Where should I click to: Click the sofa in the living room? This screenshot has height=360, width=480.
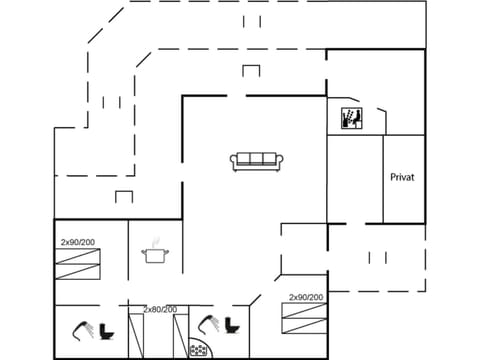point(255,160)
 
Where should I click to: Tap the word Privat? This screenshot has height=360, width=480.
point(402,177)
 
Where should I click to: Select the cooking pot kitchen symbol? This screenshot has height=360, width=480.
point(155,255)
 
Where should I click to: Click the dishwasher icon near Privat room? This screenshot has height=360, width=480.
point(351,119)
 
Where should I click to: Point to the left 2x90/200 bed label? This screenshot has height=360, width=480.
point(77,243)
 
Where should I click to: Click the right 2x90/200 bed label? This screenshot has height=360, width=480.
point(306,297)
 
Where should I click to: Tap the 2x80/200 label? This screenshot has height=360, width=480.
point(160,309)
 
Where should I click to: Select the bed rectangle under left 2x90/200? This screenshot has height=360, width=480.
point(78,265)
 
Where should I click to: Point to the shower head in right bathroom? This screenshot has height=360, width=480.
point(209,323)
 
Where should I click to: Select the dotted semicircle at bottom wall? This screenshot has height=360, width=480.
point(200,351)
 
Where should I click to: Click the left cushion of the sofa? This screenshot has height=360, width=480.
point(243,158)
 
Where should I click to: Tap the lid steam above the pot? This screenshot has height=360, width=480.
point(155,241)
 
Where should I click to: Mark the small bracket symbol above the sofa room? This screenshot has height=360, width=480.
point(250,70)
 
